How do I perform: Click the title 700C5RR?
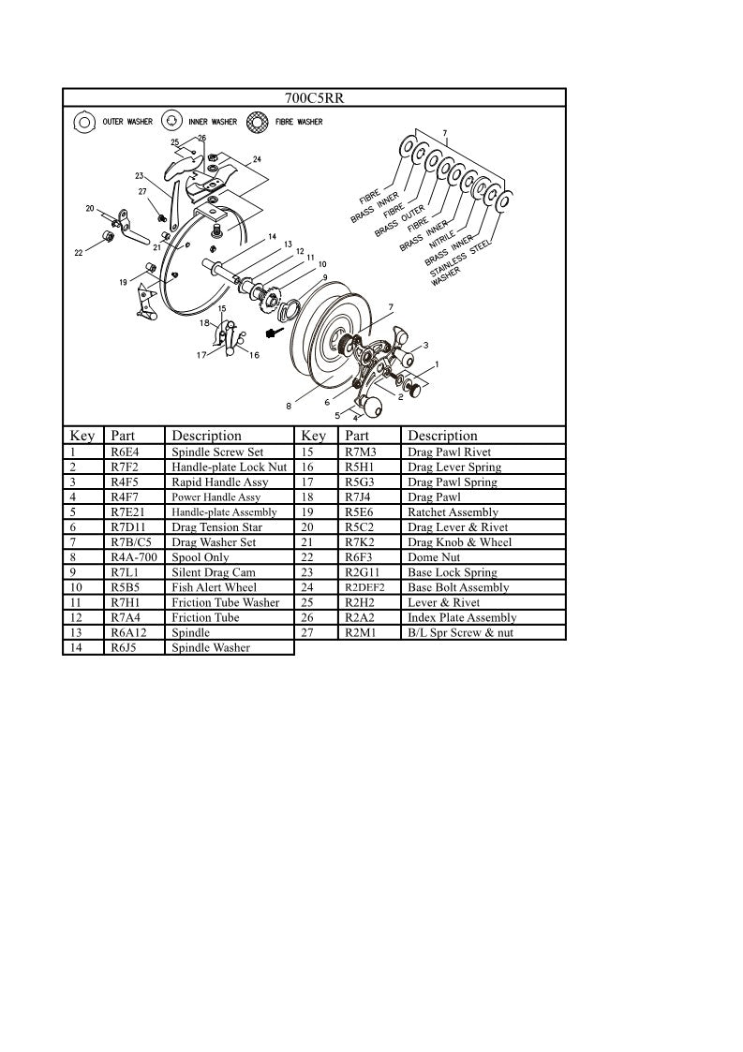click(x=314, y=97)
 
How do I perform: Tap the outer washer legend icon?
click(x=82, y=122)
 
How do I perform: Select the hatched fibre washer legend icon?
click(x=257, y=122)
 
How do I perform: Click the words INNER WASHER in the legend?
click(x=212, y=122)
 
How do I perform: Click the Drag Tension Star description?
click(x=216, y=527)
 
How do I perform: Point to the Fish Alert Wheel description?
click(x=214, y=587)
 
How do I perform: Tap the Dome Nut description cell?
click(x=434, y=557)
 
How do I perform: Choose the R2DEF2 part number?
click(x=364, y=587)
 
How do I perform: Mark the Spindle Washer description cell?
click(x=211, y=647)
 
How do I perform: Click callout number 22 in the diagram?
click(x=79, y=253)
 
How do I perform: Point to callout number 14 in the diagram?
click(x=272, y=236)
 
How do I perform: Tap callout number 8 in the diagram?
click(x=289, y=406)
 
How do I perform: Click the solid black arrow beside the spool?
click(x=274, y=333)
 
